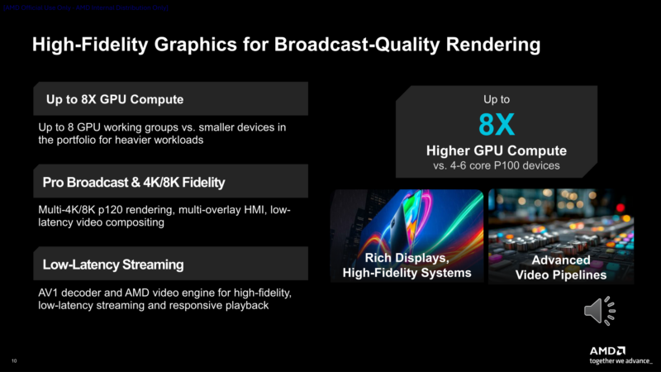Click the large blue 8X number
point(497,126)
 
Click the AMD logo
point(607,351)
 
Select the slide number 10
point(14,361)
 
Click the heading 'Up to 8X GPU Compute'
point(108,100)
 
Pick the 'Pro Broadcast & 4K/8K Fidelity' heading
point(134,182)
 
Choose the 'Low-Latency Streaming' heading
point(113,265)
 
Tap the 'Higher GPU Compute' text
point(497,150)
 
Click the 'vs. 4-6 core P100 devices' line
point(497,165)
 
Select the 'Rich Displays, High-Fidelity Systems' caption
point(407,266)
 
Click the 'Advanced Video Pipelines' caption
point(561,268)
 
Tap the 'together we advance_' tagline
point(620,361)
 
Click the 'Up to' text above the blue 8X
point(497,99)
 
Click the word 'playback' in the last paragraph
point(240,306)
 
